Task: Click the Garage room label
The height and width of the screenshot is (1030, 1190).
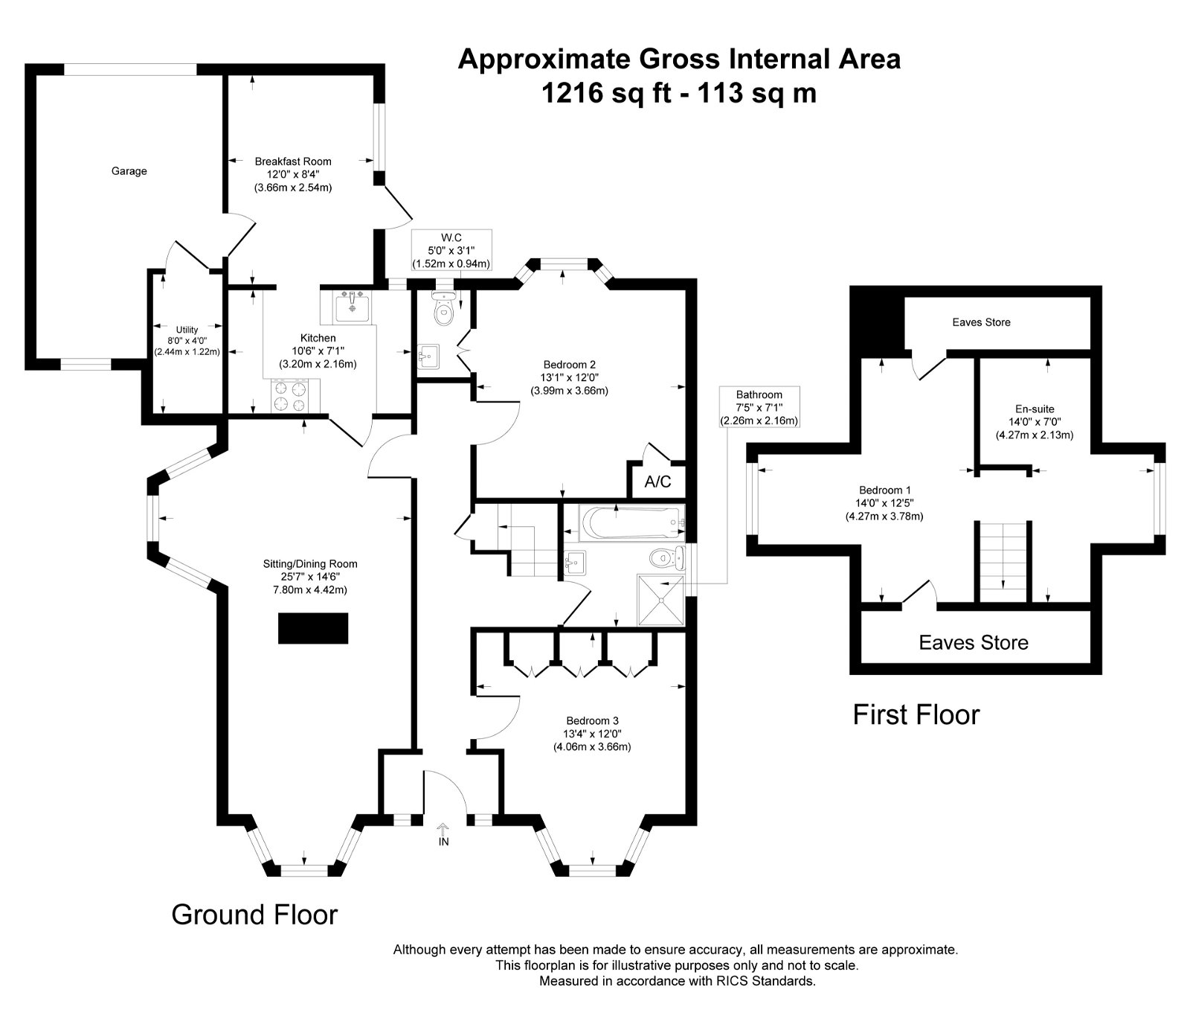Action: tap(129, 171)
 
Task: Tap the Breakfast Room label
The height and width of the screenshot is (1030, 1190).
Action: tap(293, 161)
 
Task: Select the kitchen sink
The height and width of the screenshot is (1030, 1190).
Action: tap(352, 306)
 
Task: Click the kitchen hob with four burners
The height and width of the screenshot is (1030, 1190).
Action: tap(291, 395)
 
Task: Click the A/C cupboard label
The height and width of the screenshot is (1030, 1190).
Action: tap(657, 482)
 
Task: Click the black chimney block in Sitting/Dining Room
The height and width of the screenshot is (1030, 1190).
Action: tap(313, 628)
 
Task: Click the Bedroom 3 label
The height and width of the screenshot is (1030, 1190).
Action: tap(592, 720)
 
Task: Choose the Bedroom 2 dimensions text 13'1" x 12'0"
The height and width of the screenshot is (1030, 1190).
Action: tap(570, 377)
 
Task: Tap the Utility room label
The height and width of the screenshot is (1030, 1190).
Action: tap(187, 330)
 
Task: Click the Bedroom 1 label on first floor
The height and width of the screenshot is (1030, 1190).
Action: tap(885, 490)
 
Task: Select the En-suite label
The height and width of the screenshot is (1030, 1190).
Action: tap(1035, 409)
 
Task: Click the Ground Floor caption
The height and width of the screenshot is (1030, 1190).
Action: tap(254, 915)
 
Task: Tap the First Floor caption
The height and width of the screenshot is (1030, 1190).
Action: tap(916, 714)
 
